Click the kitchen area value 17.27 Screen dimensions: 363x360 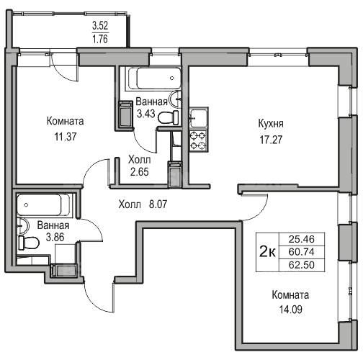point(271,140)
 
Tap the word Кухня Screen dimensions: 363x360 point(271,124)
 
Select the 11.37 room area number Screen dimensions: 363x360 point(66,137)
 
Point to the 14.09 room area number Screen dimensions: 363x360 point(290,310)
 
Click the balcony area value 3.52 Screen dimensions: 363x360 point(100,25)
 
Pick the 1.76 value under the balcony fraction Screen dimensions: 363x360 point(100,39)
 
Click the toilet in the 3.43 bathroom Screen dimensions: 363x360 point(168,117)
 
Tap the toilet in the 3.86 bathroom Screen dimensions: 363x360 point(29,243)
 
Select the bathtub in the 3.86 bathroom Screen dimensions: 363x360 point(43,204)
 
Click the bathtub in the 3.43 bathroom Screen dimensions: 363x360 point(154,78)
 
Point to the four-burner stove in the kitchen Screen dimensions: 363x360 point(198,140)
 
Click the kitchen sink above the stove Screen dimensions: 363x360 point(198,118)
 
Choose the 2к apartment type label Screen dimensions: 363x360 point(268,252)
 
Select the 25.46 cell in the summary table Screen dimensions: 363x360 point(302,239)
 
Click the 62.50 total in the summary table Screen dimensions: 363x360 point(302,265)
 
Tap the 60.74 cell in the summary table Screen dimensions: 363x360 point(302,252)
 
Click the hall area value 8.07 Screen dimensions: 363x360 point(158,204)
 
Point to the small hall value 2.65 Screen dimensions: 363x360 point(140,172)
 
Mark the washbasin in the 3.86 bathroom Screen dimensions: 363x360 point(22,226)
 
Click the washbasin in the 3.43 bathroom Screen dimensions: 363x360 point(175,99)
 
